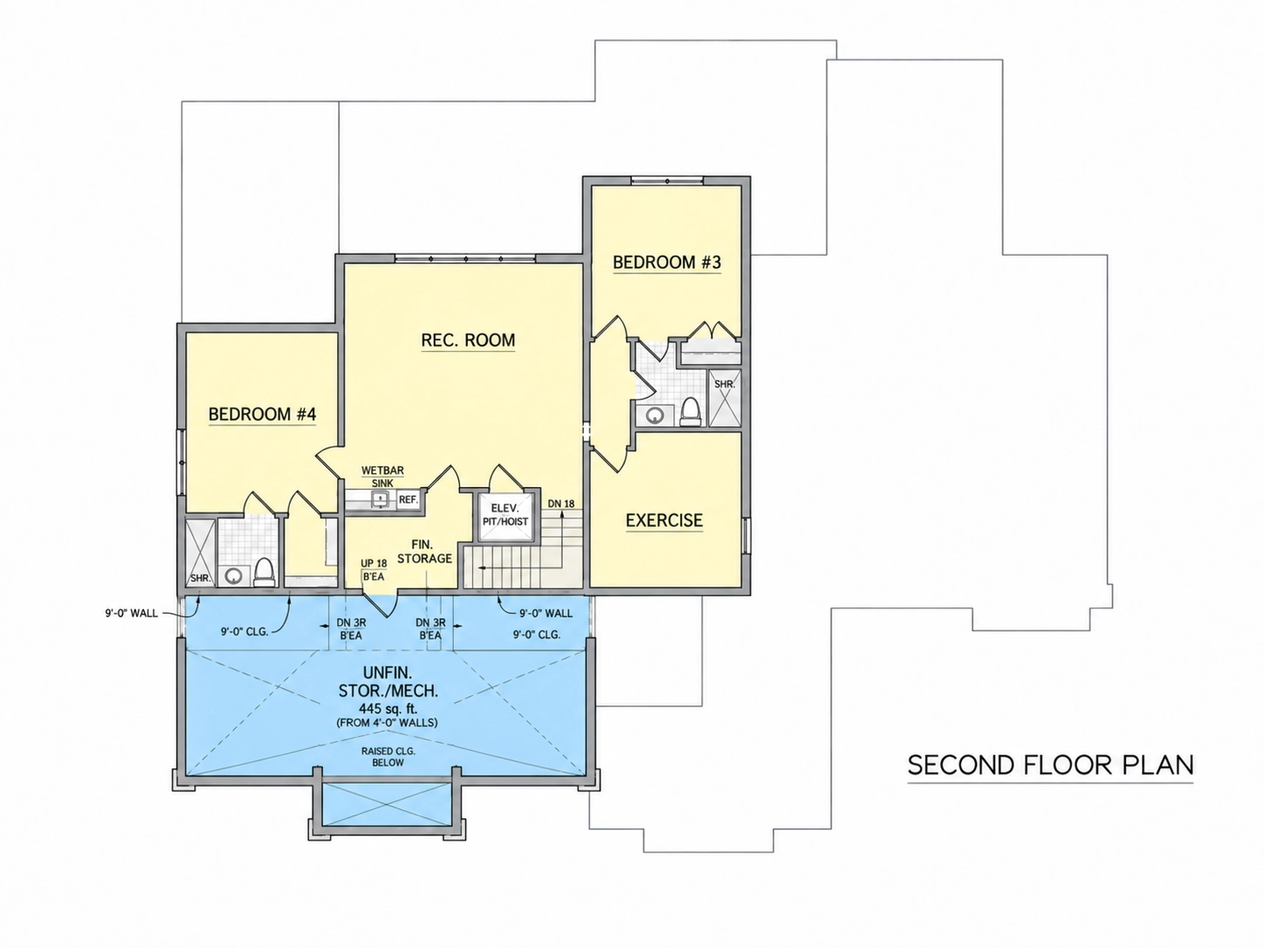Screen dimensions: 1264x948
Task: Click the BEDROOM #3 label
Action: tap(666, 263)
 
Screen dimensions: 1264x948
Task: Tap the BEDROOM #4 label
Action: tap(262, 415)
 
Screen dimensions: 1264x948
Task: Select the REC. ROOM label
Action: tap(468, 340)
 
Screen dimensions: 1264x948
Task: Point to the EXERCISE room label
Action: tap(664, 520)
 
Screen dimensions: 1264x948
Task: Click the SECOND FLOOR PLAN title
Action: tap(1050, 765)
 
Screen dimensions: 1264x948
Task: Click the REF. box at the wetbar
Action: tap(409, 499)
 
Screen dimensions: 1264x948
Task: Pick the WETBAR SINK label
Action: tap(382, 477)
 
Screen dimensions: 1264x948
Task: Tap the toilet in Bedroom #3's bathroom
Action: tap(690, 411)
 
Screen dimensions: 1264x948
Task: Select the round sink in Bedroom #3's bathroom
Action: tap(654, 415)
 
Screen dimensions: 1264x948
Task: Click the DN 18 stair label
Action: tap(561, 504)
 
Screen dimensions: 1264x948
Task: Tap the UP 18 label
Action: tap(374, 564)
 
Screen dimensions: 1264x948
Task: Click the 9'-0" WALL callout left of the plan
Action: tap(131, 614)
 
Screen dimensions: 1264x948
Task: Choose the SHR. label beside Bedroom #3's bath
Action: tap(725, 383)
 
